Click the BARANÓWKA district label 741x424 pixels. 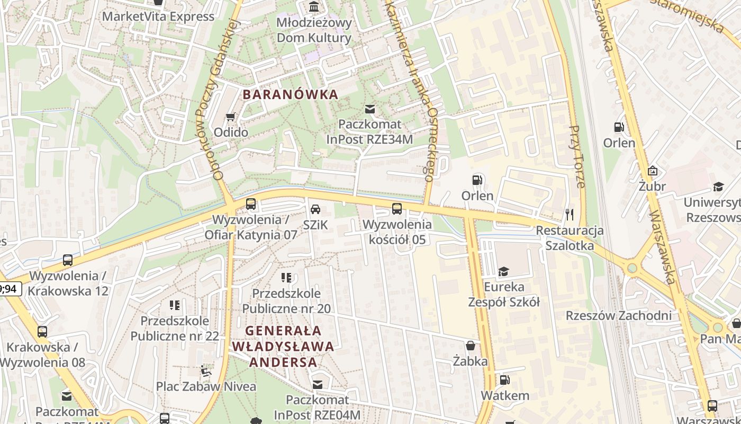click(290, 95)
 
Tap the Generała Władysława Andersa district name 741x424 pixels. click(283, 347)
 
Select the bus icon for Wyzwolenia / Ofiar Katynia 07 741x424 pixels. click(251, 204)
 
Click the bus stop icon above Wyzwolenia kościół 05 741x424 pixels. click(397, 209)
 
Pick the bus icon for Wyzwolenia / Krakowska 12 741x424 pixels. click(68, 260)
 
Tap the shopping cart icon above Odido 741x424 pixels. click(231, 117)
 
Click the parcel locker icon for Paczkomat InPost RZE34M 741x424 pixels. click(370, 109)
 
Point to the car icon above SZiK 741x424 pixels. click(315, 209)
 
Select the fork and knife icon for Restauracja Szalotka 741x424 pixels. click(570, 215)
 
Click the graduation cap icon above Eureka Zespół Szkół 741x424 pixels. click(503, 271)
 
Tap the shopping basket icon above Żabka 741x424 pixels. click(471, 346)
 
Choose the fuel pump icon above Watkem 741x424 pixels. click(504, 379)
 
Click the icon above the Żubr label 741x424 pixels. click(652, 171)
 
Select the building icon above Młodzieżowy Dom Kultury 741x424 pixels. click(314, 7)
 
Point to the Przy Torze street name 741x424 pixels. click(577, 156)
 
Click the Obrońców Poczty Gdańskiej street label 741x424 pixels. click(217, 101)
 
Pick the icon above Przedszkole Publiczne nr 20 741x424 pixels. click(286, 278)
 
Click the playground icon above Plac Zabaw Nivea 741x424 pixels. click(206, 370)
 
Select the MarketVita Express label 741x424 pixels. click(158, 16)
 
